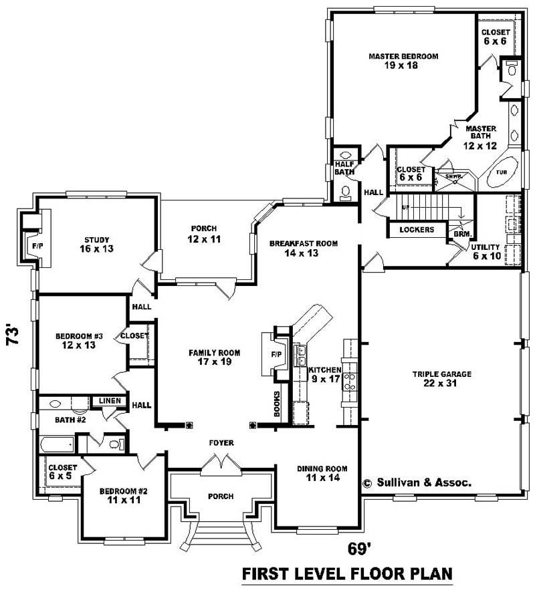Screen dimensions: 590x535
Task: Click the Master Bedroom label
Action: coord(403,61)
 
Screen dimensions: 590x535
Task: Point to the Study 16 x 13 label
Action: coord(96,245)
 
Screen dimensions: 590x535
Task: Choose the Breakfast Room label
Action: coord(303,248)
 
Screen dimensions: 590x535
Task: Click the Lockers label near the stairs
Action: coord(417,230)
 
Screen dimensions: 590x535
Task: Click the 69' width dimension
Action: coord(359,549)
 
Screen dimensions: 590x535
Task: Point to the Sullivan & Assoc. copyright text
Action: coord(417,482)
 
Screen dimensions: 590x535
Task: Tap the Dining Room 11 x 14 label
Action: coord(322,474)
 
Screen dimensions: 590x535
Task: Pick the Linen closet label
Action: coord(110,401)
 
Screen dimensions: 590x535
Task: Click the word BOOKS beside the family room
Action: coord(276,404)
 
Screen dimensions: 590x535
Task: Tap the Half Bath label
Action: coord(344,167)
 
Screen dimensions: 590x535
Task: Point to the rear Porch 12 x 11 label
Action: coord(204,234)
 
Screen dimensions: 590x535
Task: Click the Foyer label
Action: coord(221,443)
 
